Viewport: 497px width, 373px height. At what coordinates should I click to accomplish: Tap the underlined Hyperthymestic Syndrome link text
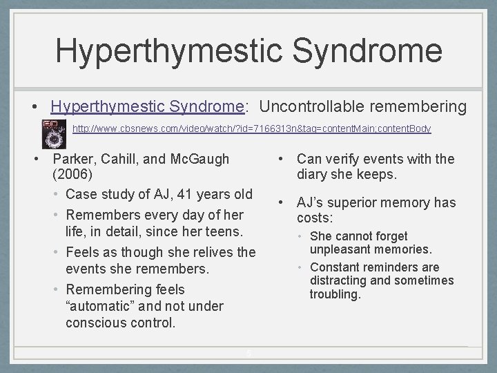(x=148, y=108)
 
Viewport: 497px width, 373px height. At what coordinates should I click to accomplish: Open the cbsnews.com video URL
(x=252, y=128)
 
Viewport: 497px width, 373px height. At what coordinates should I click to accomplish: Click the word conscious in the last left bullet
(x=96, y=323)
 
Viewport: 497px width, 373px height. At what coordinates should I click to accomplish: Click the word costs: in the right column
(x=315, y=218)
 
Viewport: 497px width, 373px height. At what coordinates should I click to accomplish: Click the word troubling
(x=335, y=294)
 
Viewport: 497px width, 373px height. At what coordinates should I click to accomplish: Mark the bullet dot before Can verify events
(x=281, y=159)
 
